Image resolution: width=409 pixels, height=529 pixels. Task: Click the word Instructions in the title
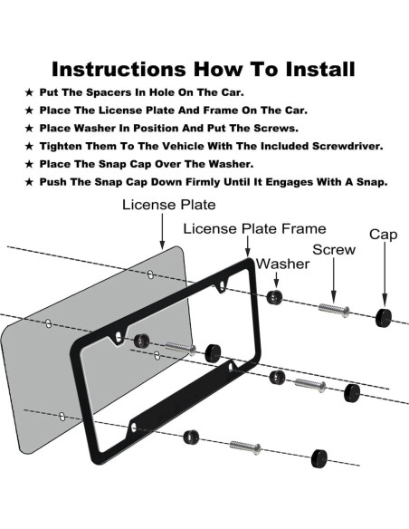point(119,69)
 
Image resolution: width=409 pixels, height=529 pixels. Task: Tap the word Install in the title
point(320,69)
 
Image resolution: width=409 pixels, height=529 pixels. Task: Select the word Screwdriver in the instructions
point(347,146)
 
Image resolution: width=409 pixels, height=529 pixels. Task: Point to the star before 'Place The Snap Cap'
point(29,164)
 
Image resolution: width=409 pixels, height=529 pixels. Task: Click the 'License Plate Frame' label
point(254,229)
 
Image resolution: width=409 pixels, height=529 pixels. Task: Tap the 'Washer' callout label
point(282,264)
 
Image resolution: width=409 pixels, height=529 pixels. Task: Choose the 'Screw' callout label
point(334,250)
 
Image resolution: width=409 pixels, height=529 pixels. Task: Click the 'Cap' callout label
point(383,235)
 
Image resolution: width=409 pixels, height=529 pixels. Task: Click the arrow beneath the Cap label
point(385,274)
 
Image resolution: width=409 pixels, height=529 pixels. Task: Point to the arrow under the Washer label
point(276,280)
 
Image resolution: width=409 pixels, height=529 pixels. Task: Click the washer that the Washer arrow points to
point(274,297)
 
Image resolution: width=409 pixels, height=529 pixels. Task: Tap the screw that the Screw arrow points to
point(334,310)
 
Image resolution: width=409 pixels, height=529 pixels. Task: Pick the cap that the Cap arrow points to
point(384,317)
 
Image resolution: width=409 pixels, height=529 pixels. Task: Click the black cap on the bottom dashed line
point(319,458)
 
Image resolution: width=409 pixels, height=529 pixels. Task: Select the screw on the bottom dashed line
point(245,447)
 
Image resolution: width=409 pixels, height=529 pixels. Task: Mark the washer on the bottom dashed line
point(191,438)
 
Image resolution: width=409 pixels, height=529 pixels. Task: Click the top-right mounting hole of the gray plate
point(150,274)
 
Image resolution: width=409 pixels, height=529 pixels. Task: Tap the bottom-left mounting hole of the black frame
point(134,428)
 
